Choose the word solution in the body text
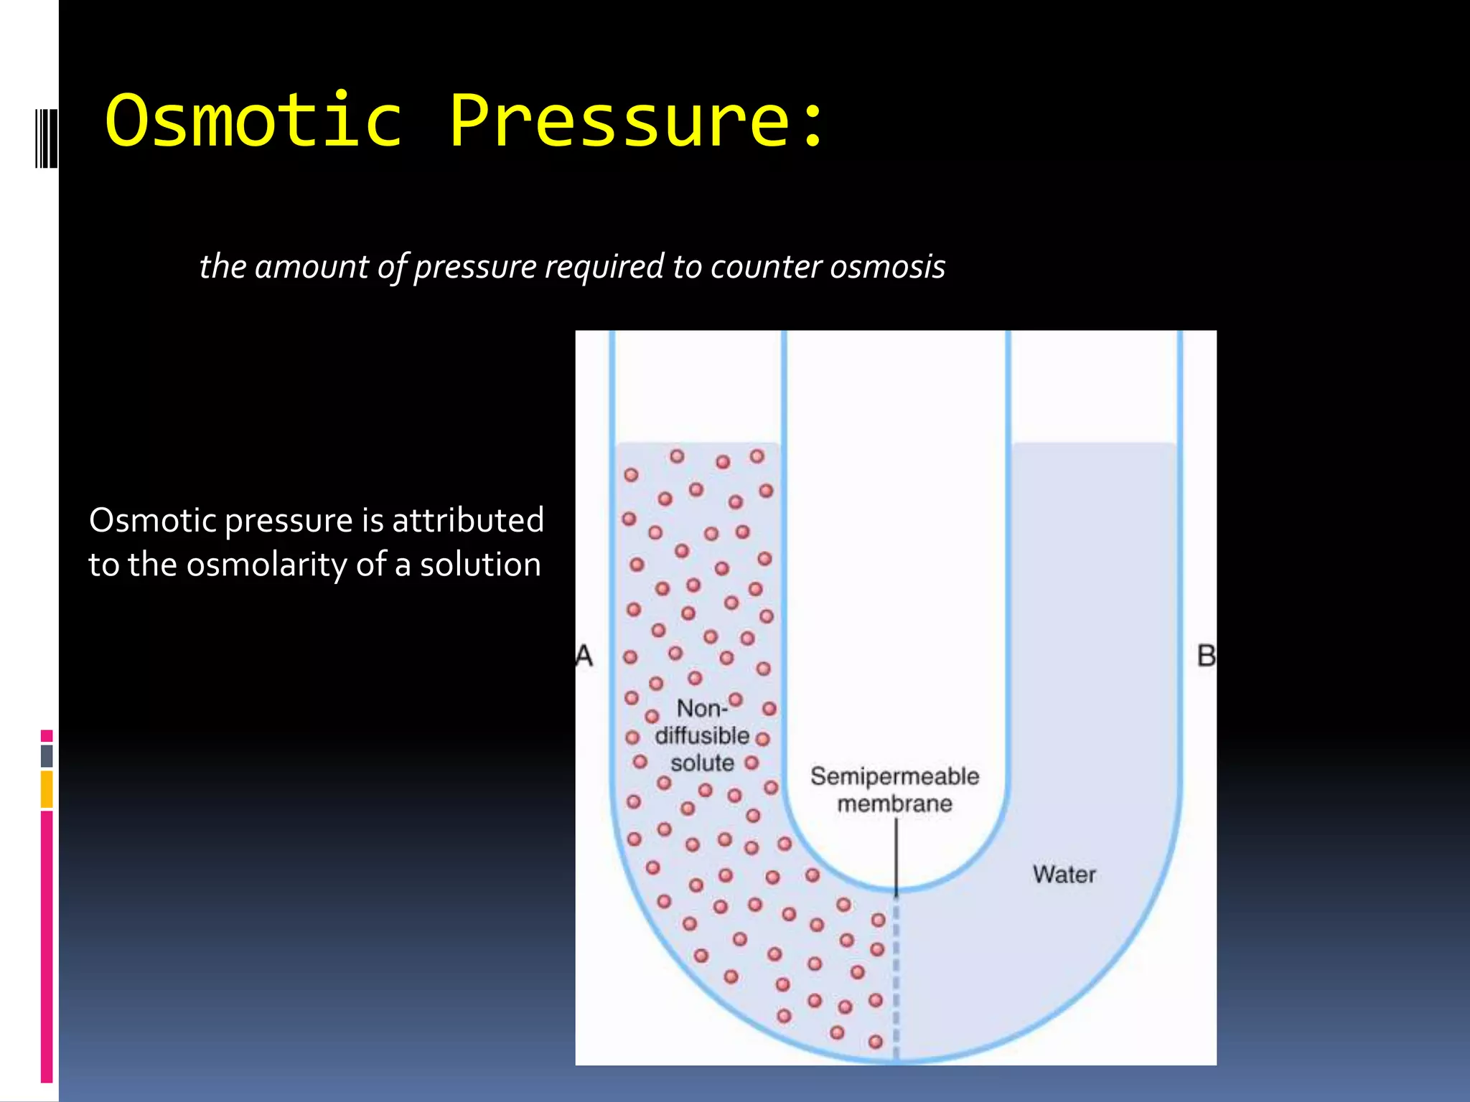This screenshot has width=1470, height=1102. click(480, 565)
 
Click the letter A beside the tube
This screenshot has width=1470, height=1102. click(584, 656)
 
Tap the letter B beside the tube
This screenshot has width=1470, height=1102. click(1206, 656)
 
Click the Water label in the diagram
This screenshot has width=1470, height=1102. click(1064, 875)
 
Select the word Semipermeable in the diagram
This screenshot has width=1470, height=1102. click(894, 776)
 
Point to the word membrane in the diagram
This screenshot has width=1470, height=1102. click(894, 804)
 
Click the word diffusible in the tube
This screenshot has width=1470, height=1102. click(701, 736)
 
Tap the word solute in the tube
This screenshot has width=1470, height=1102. click(702, 763)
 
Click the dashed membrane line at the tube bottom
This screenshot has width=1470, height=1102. click(896, 983)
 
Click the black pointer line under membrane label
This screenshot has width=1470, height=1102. click(896, 857)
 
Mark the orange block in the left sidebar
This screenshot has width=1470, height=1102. click(47, 789)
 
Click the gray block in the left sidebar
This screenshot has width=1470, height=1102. click(47, 756)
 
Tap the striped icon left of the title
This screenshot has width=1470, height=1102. click(46, 138)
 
